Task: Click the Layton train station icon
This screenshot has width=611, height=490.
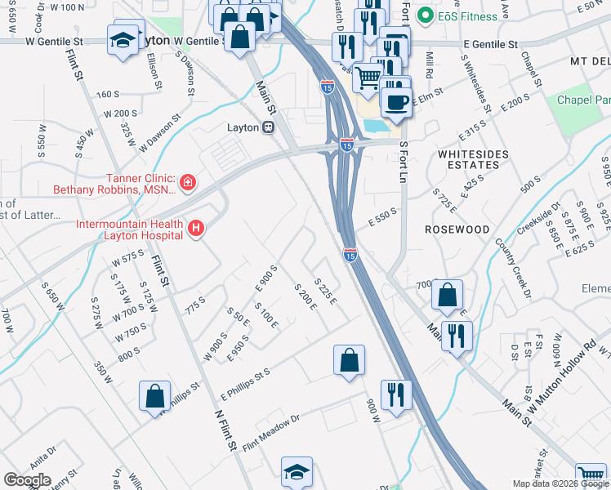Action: [267, 127]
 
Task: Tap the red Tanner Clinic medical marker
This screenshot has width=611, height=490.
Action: [187, 180]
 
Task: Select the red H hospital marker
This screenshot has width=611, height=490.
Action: [196, 229]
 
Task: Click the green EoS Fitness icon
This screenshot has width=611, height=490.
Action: [424, 16]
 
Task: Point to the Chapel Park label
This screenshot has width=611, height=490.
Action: [584, 100]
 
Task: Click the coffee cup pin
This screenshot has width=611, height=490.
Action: [397, 101]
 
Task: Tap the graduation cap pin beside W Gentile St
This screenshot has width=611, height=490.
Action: [123, 38]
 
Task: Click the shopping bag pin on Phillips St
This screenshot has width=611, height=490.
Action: [155, 397]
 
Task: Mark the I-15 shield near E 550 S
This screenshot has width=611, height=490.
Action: [350, 255]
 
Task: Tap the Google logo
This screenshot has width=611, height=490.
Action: [27, 479]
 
